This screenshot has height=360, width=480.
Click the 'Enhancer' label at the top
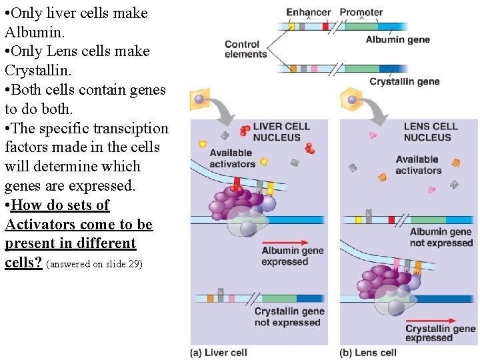(308, 12)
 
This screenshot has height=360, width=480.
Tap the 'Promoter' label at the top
(361, 12)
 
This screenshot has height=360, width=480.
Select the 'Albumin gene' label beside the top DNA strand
(397, 39)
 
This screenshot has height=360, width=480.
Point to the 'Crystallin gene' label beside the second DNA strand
(405, 81)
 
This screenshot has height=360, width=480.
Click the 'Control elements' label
(245, 49)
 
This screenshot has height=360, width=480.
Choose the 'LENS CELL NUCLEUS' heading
(430, 131)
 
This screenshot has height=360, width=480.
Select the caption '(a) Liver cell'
(219, 352)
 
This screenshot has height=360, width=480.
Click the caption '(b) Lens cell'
(368, 352)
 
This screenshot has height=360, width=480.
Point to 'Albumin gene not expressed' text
(441, 237)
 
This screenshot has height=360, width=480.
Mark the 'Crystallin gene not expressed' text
(289, 317)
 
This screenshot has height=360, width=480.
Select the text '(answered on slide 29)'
(94, 264)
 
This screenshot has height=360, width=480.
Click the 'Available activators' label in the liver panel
(231, 159)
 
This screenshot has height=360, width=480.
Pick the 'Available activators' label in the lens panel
(418, 164)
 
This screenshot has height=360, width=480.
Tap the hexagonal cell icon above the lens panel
(351, 101)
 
